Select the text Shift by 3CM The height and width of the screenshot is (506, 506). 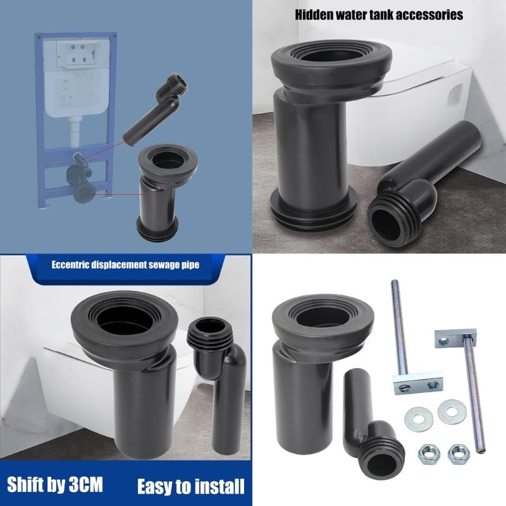pyautogui.click(x=56, y=485)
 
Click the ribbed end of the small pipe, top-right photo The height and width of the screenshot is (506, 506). pyautogui.click(x=392, y=217)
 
